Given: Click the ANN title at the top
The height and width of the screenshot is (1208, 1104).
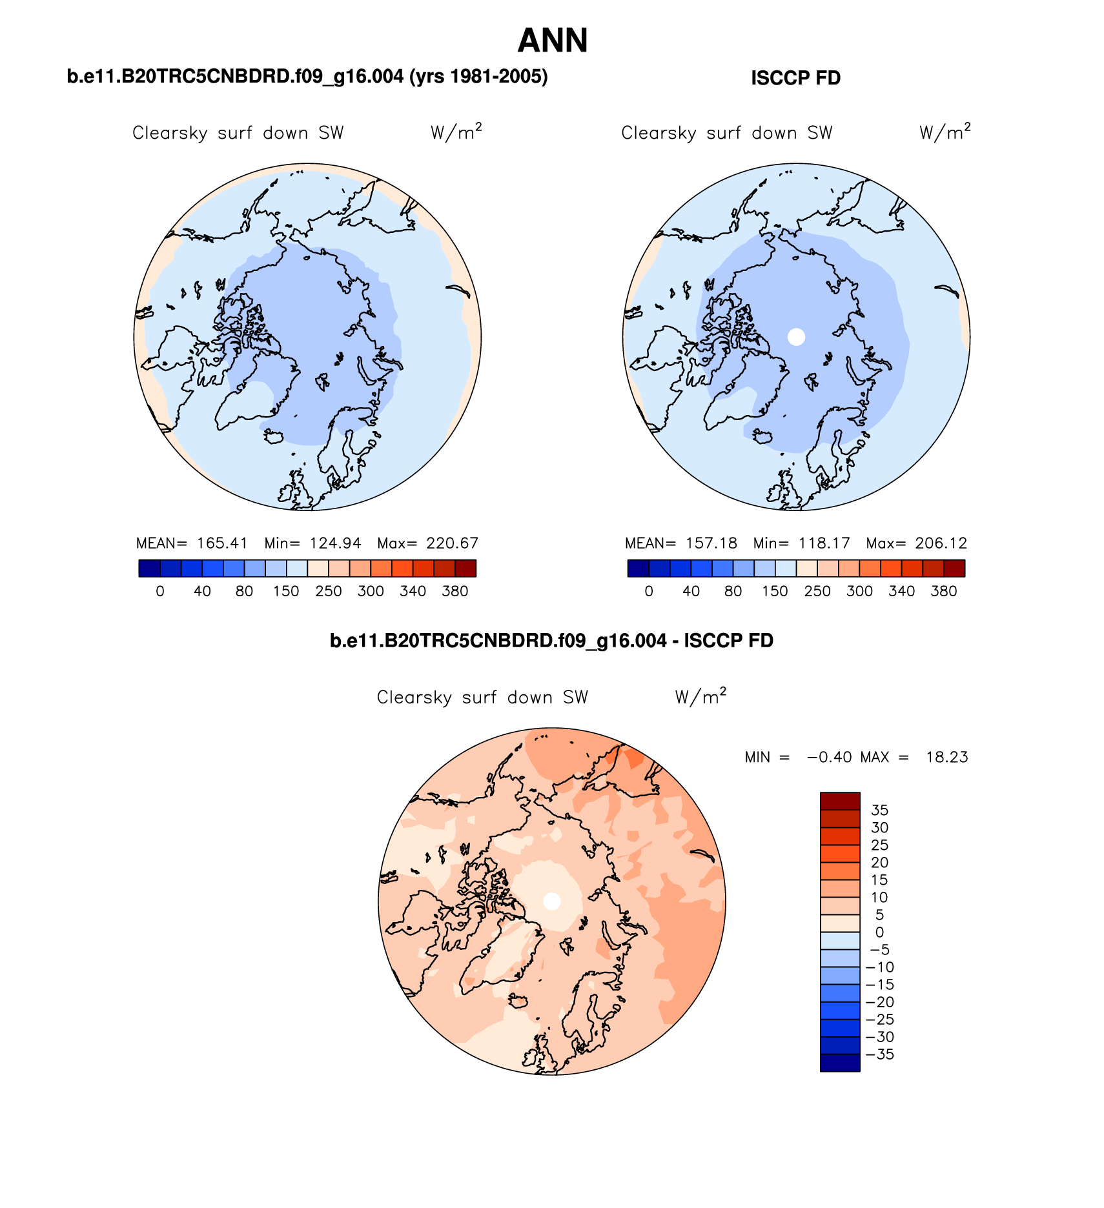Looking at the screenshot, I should coord(553,41).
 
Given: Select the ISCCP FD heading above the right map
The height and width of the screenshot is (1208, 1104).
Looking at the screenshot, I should coord(795,78).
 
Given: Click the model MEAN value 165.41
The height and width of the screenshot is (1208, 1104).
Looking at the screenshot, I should coord(222,543).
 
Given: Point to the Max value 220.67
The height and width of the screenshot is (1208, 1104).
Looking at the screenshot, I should coord(452,543).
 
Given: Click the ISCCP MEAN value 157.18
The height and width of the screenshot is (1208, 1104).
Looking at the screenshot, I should coord(711,543).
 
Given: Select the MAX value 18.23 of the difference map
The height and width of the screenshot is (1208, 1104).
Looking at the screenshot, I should coord(947,757).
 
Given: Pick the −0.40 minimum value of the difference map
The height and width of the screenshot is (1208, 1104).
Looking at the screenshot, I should coord(829,757).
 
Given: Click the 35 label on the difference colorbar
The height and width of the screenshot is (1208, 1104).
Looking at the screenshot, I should coord(879,810).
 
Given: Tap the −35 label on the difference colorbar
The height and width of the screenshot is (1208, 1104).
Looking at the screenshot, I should coord(879,1054).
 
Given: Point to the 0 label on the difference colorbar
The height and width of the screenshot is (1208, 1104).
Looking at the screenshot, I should coord(879,932).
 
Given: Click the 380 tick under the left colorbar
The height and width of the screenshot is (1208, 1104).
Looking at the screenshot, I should coord(455,591).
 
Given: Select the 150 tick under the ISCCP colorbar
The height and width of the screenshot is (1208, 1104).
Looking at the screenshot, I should coord(775,591).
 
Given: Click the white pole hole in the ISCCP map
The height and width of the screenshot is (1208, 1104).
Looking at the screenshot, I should coord(797,336).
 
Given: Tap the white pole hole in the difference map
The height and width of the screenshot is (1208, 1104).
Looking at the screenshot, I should coord(552,901).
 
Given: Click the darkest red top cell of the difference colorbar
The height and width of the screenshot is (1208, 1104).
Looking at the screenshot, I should coord(840,801).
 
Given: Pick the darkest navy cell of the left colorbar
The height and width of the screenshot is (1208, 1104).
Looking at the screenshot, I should coord(149,569).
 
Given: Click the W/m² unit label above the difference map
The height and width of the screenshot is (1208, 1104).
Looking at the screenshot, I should coord(700,696).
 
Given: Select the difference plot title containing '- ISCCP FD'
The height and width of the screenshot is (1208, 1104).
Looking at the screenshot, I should coord(551,641).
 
